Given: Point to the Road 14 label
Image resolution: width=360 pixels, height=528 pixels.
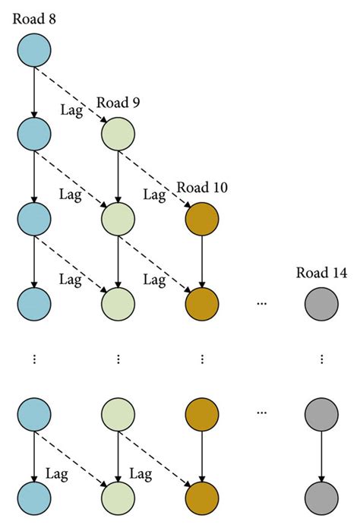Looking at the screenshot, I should pos(322,271).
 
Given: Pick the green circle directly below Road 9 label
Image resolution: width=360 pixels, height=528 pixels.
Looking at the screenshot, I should pos(118,134).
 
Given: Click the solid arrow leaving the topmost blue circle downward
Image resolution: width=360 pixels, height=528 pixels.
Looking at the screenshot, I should pos(34,91).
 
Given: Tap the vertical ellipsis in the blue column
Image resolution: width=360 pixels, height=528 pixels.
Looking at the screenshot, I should pos(34,359).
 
